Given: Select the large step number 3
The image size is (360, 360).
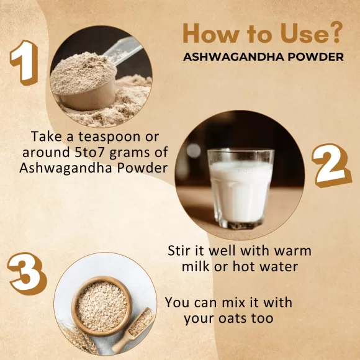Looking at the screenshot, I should click(x=28, y=271).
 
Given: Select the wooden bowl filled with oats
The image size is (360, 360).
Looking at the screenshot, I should click(x=101, y=305).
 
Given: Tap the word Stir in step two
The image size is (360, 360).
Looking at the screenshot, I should click(x=180, y=251).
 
